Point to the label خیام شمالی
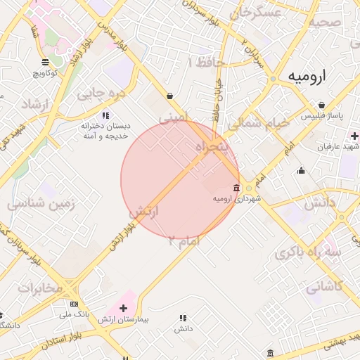(x=259, y=122)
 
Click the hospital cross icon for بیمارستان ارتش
(x=124, y=308)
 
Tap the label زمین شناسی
(x=41, y=204)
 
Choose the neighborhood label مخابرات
(x=41, y=288)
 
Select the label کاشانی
(x=324, y=287)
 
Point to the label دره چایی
(x=101, y=92)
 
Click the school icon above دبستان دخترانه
(x=105, y=115)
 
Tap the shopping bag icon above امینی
(x=170, y=96)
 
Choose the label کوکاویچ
(x=45, y=72)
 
